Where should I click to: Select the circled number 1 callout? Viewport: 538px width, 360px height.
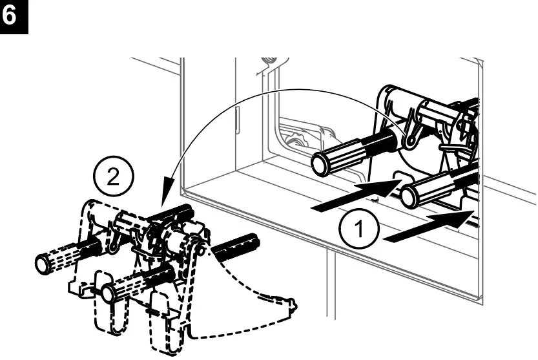[x=354, y=229]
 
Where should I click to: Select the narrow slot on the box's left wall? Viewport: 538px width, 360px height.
[x=238, y=120]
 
